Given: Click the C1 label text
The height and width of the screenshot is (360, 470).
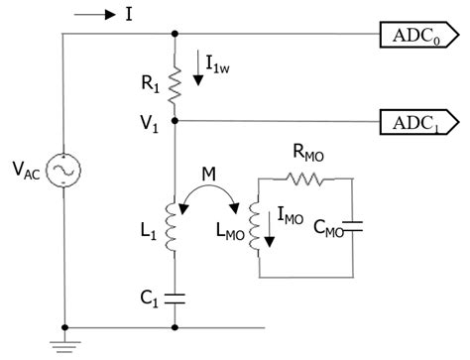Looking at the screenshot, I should click(x=149, y=295).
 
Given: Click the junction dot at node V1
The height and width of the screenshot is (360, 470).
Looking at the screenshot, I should click(x=176, y=122).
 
